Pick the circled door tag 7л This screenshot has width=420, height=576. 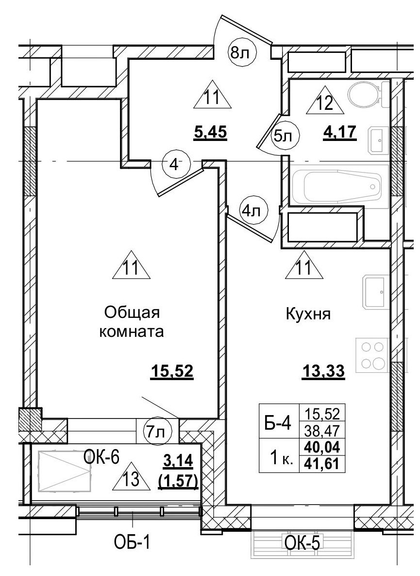(x=155, y=431)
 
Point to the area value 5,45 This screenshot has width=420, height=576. (x=210, y=132)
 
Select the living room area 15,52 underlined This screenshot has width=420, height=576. (x=172, y=372)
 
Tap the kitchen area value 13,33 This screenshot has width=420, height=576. (x=323, y=372)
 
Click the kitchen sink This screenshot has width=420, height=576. (x=375, y=292)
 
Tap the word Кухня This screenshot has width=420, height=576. (x=308, y=314)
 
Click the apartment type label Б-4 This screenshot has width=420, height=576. (x=278, y=423)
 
